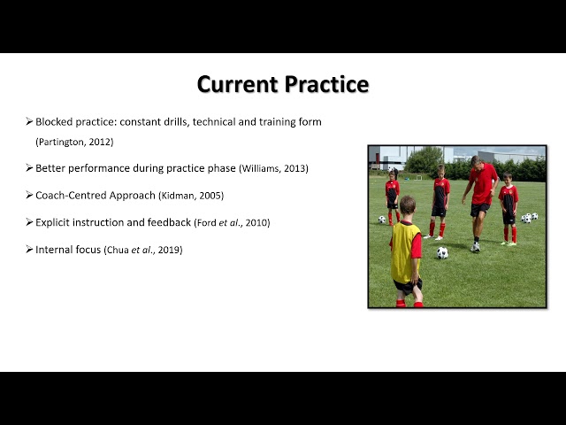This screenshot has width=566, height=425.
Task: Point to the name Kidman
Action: coord(202,195)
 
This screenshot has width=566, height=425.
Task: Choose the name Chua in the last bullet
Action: coord(117,251)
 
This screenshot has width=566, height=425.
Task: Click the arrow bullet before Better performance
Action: coord(29,167)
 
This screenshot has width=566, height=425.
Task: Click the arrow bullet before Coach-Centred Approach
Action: coord(29,195)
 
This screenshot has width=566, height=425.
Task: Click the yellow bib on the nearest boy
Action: coord(405,251)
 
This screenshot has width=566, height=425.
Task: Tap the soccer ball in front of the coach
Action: coord(442,253)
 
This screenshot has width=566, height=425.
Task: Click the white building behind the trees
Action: coord(389,156)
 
